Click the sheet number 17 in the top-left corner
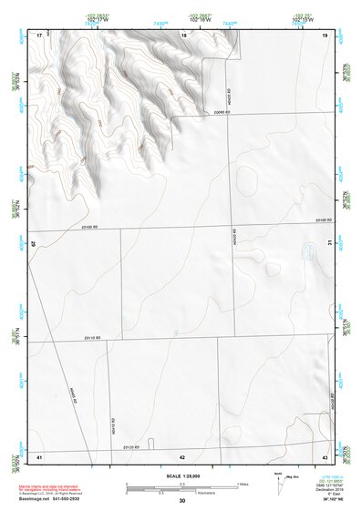click(39, 35)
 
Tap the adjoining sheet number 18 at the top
click(184, 35)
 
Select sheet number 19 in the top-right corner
click(325, 35)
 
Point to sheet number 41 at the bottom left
click(39, 455)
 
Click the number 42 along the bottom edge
click(182, 455)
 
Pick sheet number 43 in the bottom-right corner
click(325, 455)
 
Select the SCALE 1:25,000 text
click(182, 476)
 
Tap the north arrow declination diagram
click(278, 482)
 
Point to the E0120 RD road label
click(132, 447)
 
